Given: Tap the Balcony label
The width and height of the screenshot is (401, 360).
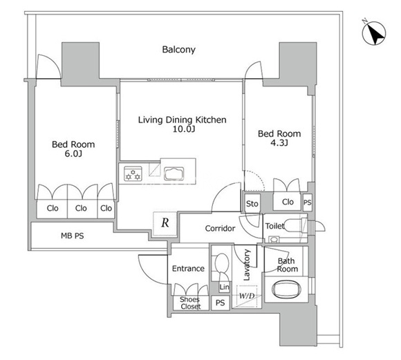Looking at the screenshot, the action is pyautogui.click(x=179, y=49).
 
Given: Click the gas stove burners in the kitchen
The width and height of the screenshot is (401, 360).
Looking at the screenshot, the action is pyautogui.click(x=133, y=174).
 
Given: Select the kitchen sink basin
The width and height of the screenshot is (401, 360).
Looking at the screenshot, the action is pyautogui.click(x=174, y=173).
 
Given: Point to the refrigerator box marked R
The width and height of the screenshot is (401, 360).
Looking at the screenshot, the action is pyautogui.click(x=165, y=223).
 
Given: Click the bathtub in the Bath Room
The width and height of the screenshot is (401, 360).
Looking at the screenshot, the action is pyautogui.click(x=286, y=290).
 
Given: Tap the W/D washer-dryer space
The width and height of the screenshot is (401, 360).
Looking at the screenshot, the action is pyautogui.click(x=247, y=296).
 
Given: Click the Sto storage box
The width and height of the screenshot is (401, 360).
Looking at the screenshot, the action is pyautogui.click(x=252, y=204).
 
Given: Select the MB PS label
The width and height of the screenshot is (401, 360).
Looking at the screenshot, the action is pyautogui.click(x=73, y=236).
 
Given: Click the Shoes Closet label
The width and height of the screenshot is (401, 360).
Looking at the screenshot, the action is pyautogui.click(x=190, y=303).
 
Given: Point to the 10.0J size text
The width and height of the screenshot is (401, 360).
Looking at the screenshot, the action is pyautogui.click(x=184, y=129).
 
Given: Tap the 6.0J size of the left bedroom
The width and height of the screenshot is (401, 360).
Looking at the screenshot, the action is pyautogui.click(x=73, y=153).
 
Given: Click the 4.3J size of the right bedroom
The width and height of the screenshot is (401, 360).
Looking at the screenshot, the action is pyautogui.click(x=279, y=142).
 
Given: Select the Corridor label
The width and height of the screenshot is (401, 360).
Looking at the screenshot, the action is pyautogui.click(x=220, y=228).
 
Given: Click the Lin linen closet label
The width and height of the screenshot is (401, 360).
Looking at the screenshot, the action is pyautogui.click(x=224, y=287).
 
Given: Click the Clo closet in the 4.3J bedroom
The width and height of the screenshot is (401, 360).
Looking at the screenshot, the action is pyautogui.click(x=287, y=202).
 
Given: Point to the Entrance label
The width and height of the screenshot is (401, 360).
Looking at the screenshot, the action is pyautogui.click(x=188, y=269).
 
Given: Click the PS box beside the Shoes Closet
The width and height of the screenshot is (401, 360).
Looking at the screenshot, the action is pyautogui.click(x=220, y=303).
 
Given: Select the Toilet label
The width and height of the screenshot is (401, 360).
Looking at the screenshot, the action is pyautogui.click(x=274, y=226).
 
